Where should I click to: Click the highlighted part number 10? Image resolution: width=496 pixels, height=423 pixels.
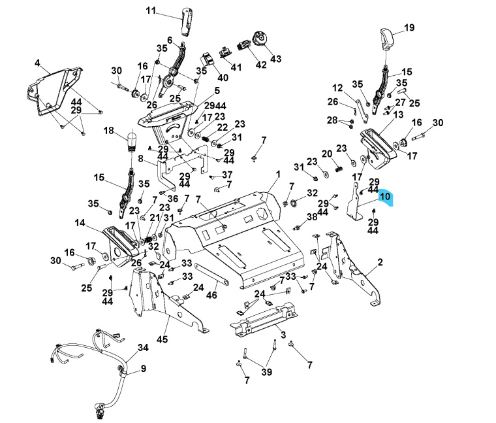[384, 196]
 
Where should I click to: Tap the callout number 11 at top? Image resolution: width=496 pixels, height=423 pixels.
[151, 10]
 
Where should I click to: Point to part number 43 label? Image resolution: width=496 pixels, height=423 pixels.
[275, 59]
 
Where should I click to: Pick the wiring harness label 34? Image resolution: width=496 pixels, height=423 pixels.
[143, 347]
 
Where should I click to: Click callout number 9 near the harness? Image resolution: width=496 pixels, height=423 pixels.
[143, 369]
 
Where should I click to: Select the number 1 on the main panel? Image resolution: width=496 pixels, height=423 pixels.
[277, 175]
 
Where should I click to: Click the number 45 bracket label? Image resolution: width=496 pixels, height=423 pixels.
[163, 339]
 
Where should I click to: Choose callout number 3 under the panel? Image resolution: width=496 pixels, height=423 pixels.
[283, 335]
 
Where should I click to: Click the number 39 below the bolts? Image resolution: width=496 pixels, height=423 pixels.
[266, 371]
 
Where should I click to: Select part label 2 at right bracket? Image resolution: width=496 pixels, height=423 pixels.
[380, 262]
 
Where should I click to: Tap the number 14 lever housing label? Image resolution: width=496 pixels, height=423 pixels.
[80, 223]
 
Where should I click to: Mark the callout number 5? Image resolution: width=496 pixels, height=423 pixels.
[198, 91]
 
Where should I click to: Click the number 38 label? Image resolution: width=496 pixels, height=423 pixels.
[311, 216]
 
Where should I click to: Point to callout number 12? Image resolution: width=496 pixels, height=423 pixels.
[337, 88]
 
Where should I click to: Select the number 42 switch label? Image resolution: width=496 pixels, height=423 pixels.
[261, 65]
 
